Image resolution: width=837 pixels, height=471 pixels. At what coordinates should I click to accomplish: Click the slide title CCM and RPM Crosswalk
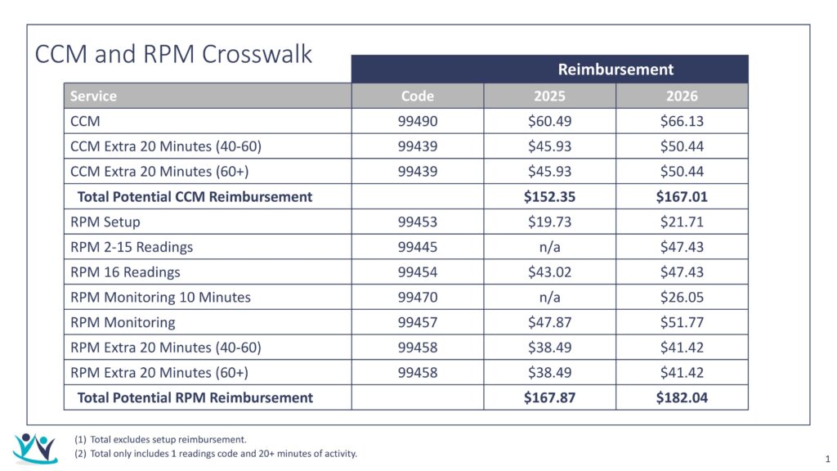coord(173,54)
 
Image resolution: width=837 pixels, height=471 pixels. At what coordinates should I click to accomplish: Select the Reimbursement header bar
coord(615,70)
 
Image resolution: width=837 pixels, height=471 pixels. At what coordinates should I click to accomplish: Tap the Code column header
coord(417,96)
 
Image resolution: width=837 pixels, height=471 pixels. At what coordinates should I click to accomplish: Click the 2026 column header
coord(682,96)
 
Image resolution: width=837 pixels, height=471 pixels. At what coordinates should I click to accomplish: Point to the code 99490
coord(417,121)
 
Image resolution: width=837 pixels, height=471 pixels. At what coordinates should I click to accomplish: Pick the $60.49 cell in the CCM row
coord(549,121)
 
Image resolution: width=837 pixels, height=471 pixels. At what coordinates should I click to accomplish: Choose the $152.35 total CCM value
coord(549,196)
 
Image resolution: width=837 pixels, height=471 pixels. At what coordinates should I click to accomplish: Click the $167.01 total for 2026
coord(682,196)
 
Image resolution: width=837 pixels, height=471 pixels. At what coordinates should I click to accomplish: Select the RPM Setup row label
coord(105,222)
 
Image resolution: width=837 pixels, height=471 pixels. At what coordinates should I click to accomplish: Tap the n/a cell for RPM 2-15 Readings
coord(549,247)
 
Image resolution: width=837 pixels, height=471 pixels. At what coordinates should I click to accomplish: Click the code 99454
coord(417,271)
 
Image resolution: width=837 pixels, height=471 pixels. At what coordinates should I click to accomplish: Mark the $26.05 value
coord(682,297)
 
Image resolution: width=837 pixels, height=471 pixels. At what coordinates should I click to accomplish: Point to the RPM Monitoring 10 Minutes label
coord(160,297)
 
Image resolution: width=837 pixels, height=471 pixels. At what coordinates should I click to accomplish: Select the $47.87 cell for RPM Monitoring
coord(549,322)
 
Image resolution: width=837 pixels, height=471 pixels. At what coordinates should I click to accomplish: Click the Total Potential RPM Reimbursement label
coord(195,397)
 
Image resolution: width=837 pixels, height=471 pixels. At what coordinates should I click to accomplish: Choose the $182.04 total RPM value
coord(682,397)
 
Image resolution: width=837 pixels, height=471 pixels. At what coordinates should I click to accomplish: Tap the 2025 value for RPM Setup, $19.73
coord(549,222)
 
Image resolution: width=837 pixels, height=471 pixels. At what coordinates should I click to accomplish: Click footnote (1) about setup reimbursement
coord(160,439)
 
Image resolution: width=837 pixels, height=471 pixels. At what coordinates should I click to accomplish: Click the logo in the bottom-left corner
coord(35,448)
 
